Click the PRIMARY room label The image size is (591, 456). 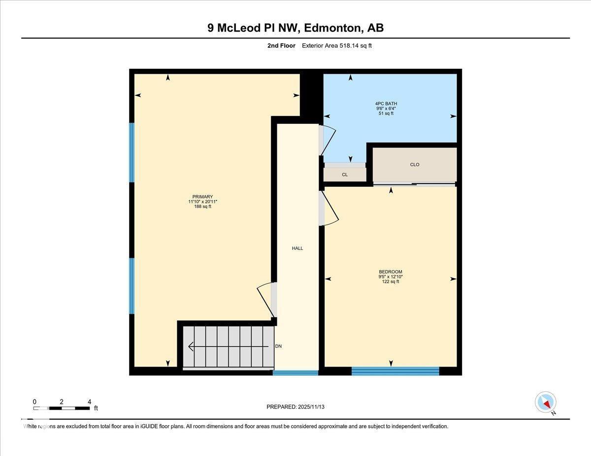point(202,197)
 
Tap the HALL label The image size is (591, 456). point(297,248)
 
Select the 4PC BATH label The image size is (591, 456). point(383,103)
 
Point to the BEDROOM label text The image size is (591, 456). point(391,272)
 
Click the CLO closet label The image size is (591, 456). point(415,165)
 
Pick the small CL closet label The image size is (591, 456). point(345,175)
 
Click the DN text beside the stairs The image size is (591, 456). point(278,346)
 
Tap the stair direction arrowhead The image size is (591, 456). point(191,347)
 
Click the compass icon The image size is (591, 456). point(546,402)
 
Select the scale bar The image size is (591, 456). point(62,408)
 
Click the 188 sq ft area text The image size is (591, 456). point(202,207)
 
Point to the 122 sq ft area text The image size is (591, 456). point(391,282)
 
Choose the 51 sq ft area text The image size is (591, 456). point(383,113)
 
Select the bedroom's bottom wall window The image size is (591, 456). point(395,371)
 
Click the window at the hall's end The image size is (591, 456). point(295,373)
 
